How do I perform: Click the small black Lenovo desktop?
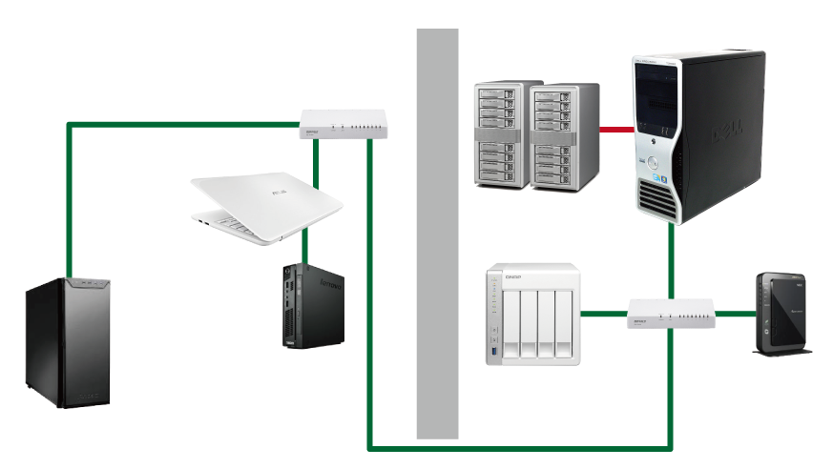[x=314, y=305]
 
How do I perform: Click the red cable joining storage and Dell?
[x=616, y=128]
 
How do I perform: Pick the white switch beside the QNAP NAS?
[x=671, y=314]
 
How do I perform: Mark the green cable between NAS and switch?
[x=604, y=313]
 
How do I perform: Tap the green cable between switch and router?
[x=734, y=313]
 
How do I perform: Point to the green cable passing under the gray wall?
[x=437, y=446]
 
